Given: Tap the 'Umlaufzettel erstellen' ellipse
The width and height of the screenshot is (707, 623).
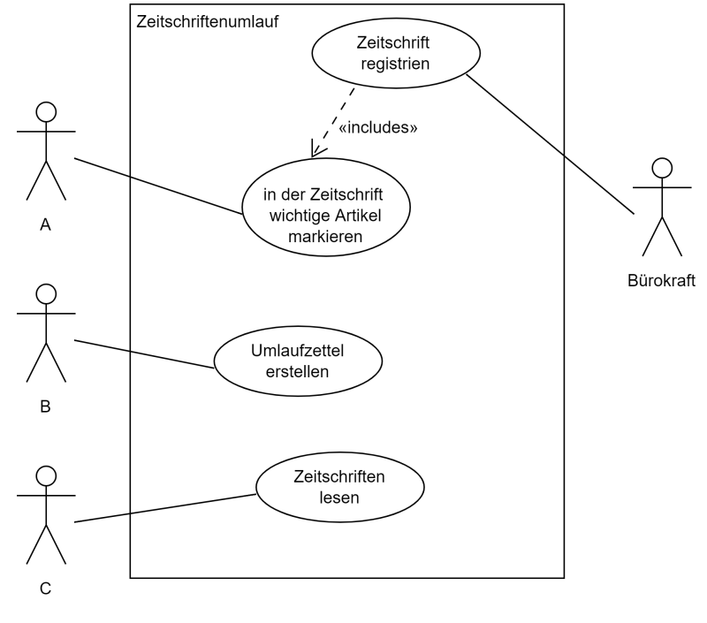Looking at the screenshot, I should [x=298, y=362].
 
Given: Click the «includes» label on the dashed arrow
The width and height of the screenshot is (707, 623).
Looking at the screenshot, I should [x=378, y=127].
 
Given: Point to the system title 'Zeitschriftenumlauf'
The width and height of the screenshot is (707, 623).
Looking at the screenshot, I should [x=208, y=20].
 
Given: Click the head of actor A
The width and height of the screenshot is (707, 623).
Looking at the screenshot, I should [x=46, y=111].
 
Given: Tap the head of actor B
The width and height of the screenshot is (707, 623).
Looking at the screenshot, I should [x=46, y=294].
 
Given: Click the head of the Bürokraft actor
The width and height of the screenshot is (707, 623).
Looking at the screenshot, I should [x=661, y=167].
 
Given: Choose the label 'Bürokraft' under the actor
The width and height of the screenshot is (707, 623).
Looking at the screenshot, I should [x=661, y=282].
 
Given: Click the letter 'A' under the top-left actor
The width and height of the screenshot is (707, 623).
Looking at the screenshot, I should [x=46, y=225].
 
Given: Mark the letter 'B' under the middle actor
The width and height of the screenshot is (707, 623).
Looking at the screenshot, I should [x=46, y=407].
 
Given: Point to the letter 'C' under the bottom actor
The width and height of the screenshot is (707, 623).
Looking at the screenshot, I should [x=46, y=588].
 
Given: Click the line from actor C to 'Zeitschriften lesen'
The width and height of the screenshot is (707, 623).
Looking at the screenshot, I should [x=165, y=508].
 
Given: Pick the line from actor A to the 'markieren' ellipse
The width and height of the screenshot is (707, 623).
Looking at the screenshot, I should [x=159, y=186].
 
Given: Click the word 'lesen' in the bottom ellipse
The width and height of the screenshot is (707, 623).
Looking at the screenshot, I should [x=340, y=497].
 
